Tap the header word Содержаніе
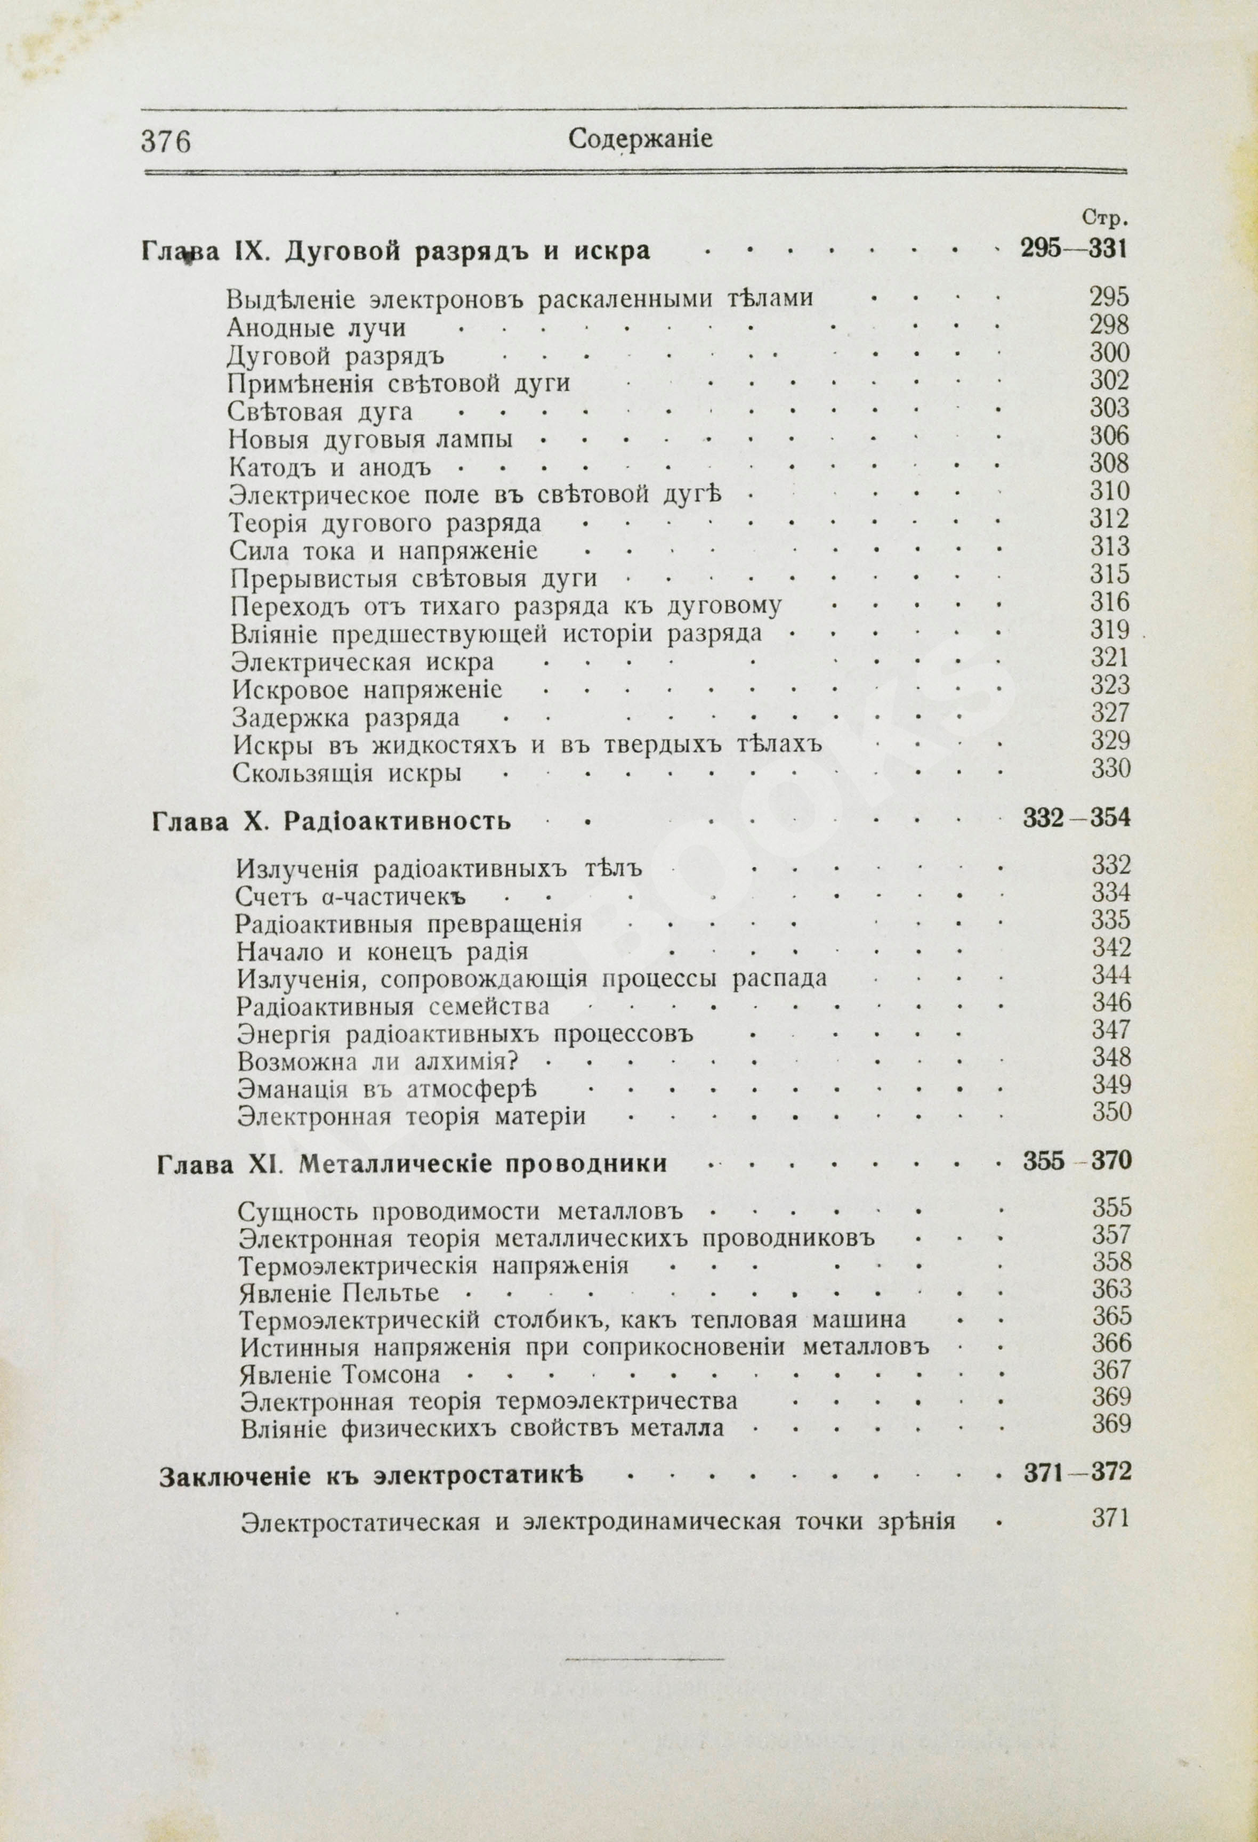641,140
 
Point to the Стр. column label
1104,217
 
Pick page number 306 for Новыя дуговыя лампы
1109,436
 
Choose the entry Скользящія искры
347,773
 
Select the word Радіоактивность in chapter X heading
397,821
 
